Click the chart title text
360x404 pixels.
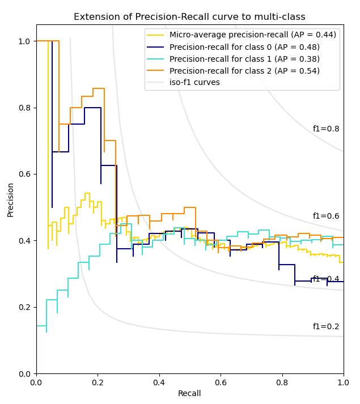pyautogui.click(x=189, y=17)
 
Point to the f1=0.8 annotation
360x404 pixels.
pyautogui.click(x=326, y=129)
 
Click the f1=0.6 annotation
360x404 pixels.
pyautogui.click(x=326, y=216)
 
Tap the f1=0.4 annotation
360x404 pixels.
pyautogui.click(x=326, y=279)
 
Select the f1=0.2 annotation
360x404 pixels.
pyautogui.click(x=326, y=327)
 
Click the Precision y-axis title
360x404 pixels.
pyautogui.click(x=10, y=199)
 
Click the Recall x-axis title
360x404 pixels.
pyautogui.click(x=189, y=394)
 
